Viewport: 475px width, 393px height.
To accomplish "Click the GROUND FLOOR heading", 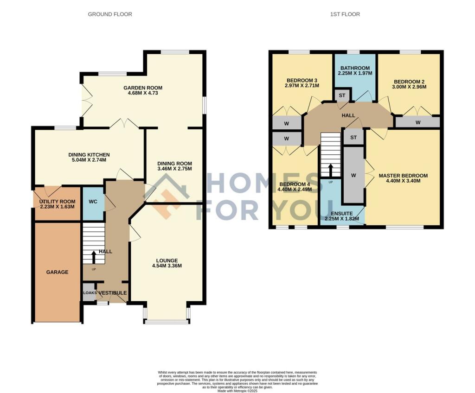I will (x=110, y=14).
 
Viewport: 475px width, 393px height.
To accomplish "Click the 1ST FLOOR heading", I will (x=345, y=14).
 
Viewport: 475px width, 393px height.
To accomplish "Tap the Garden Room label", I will (x=142, y=88).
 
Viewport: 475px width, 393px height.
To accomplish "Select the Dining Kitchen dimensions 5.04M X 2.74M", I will (x=89, y=160).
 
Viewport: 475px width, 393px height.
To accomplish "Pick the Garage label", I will (x=57, y=272).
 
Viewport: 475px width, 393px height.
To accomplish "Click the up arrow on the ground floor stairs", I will (x=94, y=256).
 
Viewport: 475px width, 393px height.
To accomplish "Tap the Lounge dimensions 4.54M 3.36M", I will (x=167, y=266).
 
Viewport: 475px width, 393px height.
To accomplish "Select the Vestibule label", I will (x=111, y=293).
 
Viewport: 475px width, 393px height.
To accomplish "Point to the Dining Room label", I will (x=174, y=164).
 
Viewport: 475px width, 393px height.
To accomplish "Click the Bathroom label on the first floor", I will (x=355, y=68).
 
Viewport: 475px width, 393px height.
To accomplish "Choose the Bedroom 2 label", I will (x=408, y=82).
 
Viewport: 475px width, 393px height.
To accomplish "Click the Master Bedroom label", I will (x=403, y=176).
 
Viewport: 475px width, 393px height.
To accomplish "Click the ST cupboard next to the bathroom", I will (x=342, y=95).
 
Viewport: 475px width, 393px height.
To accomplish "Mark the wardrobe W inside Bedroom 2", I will (x=417, y=122).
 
